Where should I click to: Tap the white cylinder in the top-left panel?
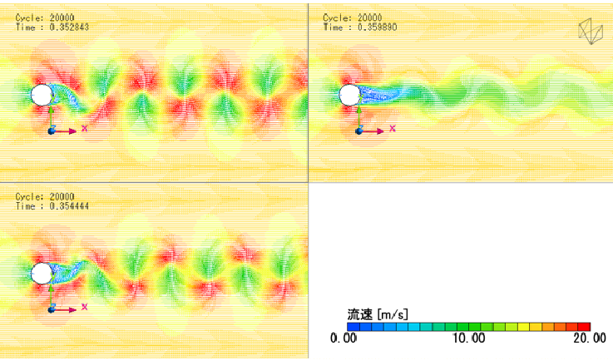tap(41, 95)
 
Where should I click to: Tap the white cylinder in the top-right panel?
tap(349, 95)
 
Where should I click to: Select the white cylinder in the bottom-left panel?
tap(41, 274)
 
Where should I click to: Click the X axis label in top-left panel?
tap(84, 129)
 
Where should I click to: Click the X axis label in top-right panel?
tap(393, 129)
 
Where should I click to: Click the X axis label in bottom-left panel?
tap(84, 307)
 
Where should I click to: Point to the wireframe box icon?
tap(591, 31)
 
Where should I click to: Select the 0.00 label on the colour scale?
tap(344, 338)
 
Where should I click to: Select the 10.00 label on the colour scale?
tap(469, 338)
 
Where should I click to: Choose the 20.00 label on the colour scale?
tap(589, 338)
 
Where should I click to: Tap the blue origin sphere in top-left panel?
tap(51, 131)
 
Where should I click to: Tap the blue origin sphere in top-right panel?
tap(359, 131)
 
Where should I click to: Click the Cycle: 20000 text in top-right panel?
tap(353, 17)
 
